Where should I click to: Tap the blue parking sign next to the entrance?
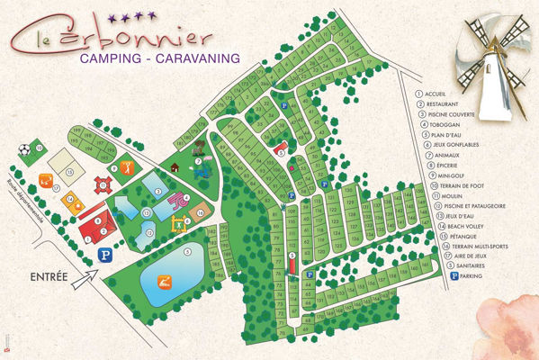(x=105, y=254)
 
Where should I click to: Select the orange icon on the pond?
(x=162, y=283)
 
